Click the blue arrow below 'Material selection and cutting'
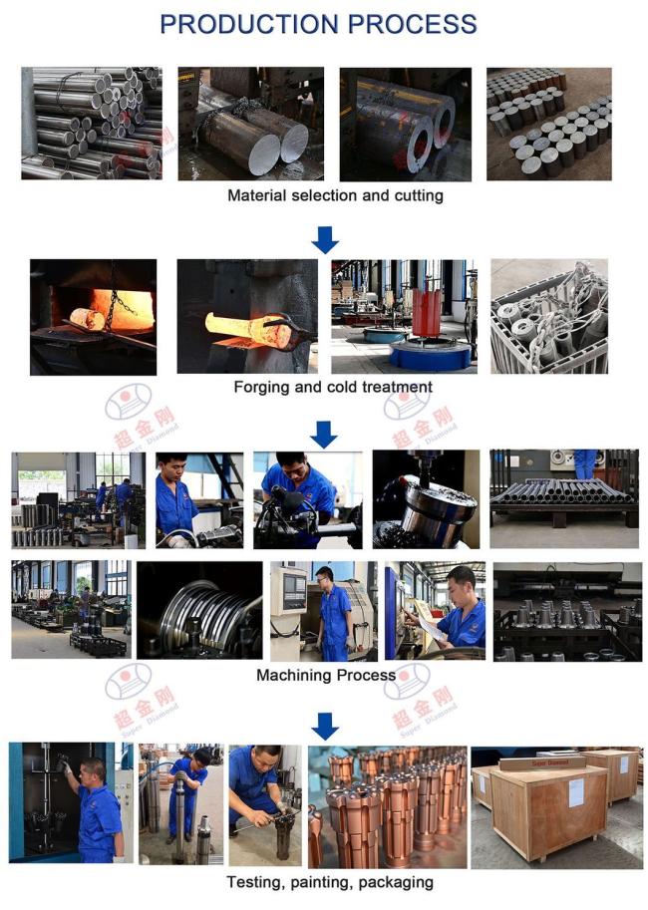pyautogui.click(x=325, y=239)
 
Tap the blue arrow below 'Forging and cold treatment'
pyautogui.click(x=325, y=434)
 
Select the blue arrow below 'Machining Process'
pyautogui.click(x=325, y=725)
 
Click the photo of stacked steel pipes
pyautogui.click(x=91, y=124)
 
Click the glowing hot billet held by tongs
pyautogui.click(x=239, y=324)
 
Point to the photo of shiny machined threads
pyautogui.click(x=199, y=610)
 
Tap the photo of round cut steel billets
pyautogui.click(x=548, y=124)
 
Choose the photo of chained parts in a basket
pyautogui.click(x=548, y=316)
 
